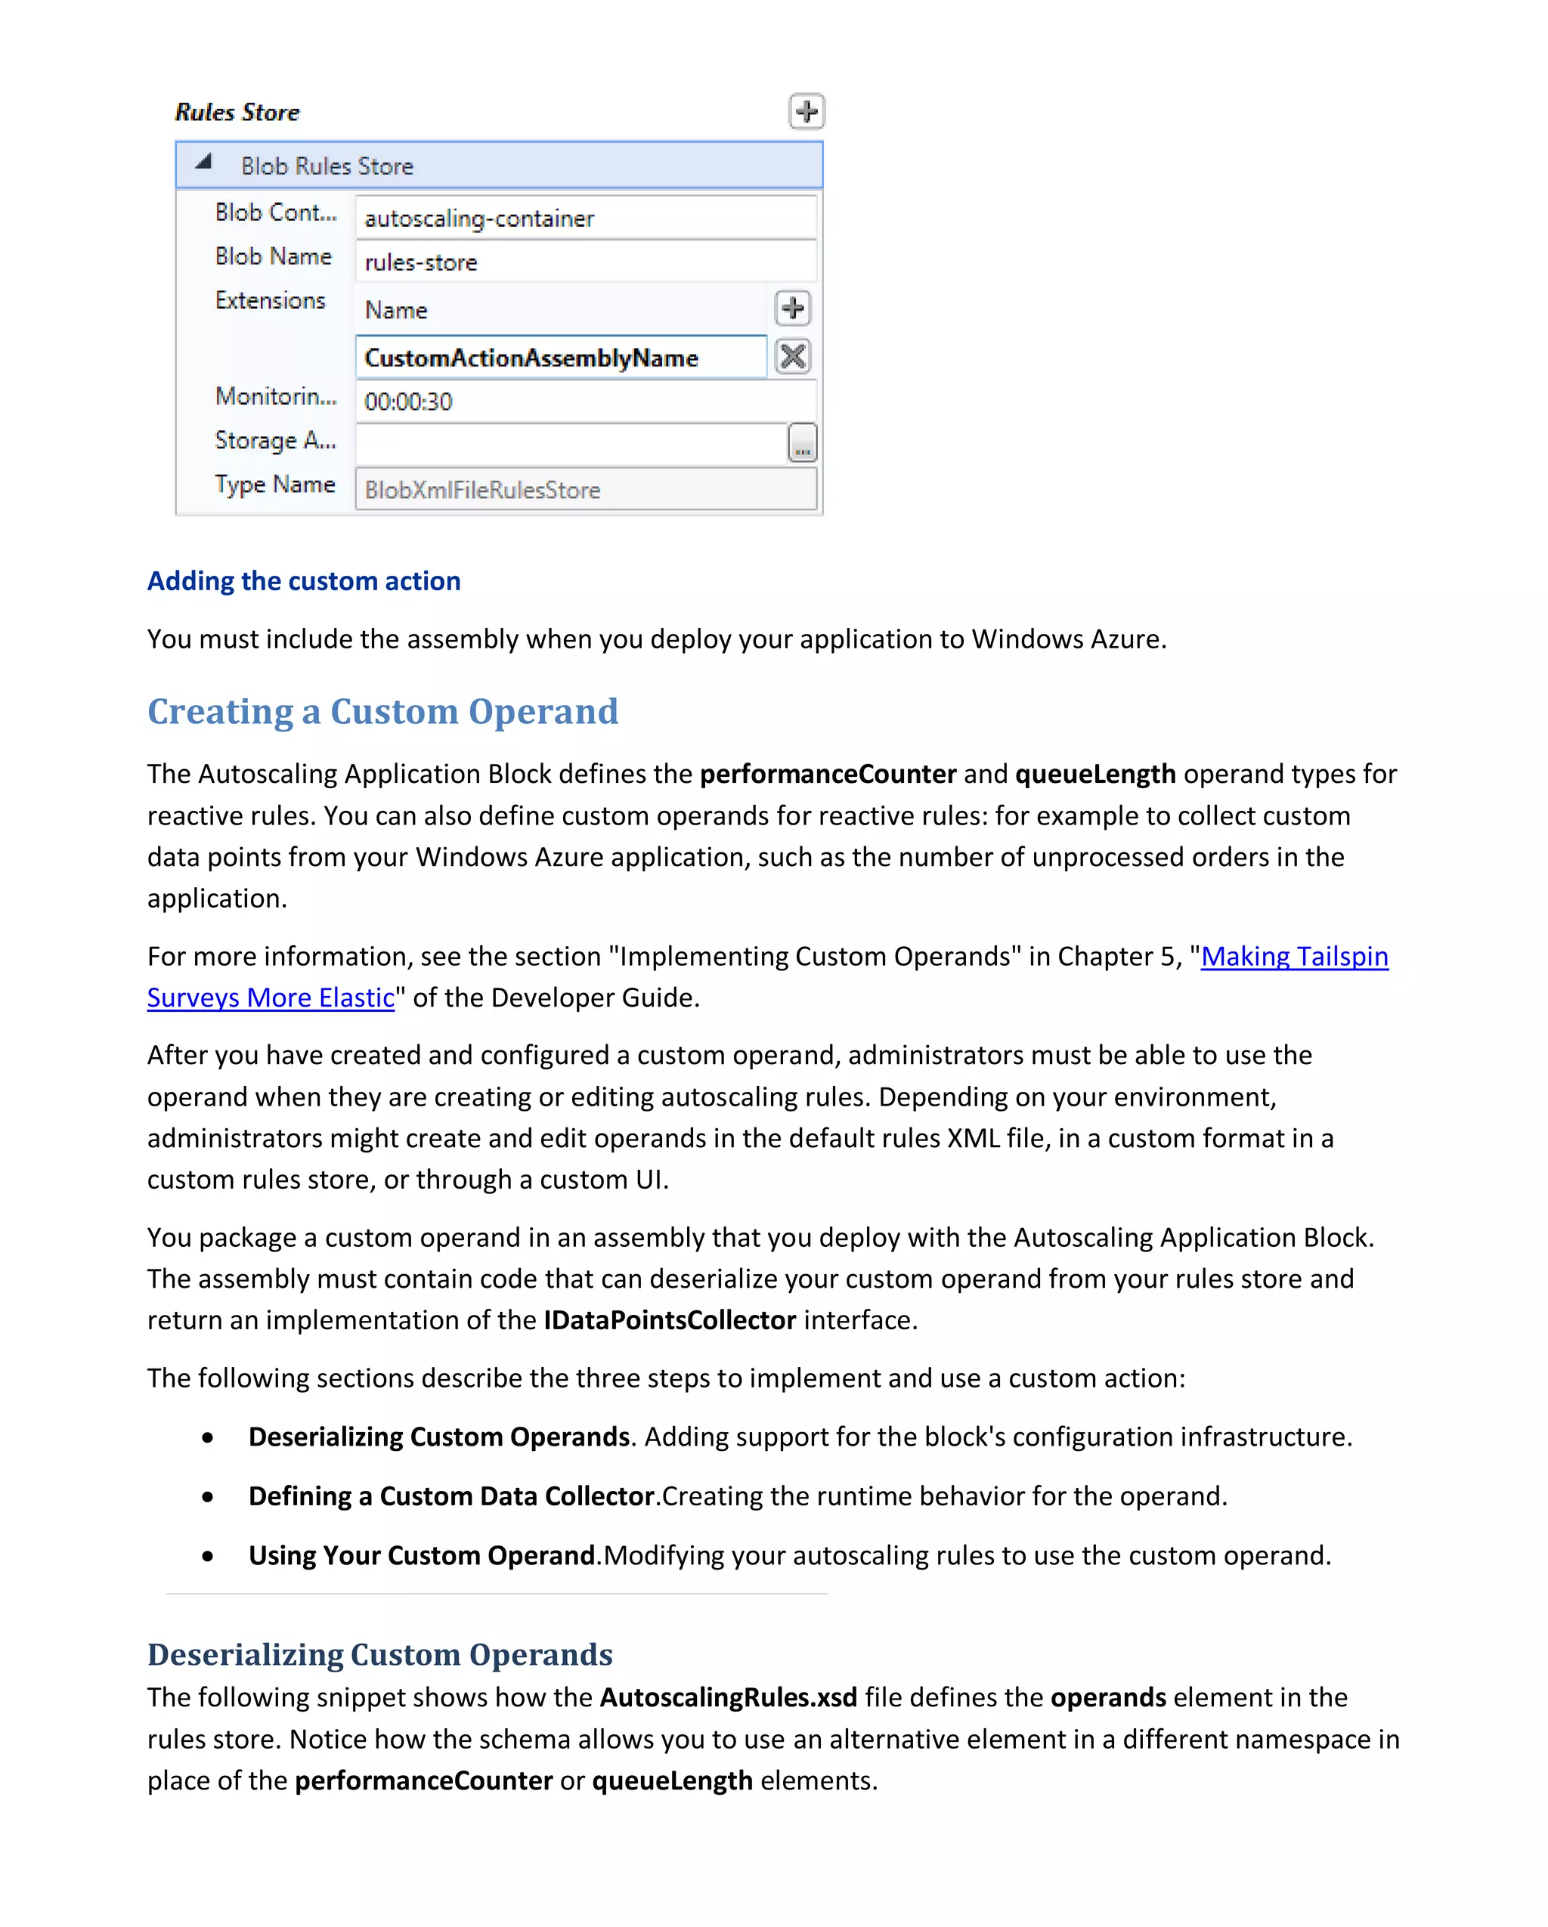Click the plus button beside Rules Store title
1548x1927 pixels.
(x=807, y=112)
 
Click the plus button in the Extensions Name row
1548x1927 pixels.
(x=792, y=308)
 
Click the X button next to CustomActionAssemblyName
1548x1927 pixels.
(x=792, y=357)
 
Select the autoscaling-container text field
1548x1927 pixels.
(x=586, y=218)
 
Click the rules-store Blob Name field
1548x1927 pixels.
(x=586, y=262)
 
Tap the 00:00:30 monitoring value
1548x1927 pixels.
(x=586, y=401)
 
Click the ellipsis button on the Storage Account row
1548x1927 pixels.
(x=802, y=444)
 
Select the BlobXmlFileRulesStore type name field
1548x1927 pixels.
(x=586, y=490)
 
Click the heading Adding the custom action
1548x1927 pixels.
(x=304, y=581)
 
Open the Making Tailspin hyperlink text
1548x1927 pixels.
(x=1293, y=957)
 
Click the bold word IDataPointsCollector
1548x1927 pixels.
(x=670, y=1320)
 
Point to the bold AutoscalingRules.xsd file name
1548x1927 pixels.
(x=728, y=1697)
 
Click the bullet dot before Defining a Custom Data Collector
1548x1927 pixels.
(x=207, y=1497)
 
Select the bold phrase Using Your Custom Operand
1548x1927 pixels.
(x=421, y=1555)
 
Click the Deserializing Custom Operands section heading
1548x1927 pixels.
(x=380, y=1654)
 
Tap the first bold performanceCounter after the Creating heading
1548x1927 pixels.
(x=828, y=774)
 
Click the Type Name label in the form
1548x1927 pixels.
(x=274, y=484)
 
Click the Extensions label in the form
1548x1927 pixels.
(x=270, y=300)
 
